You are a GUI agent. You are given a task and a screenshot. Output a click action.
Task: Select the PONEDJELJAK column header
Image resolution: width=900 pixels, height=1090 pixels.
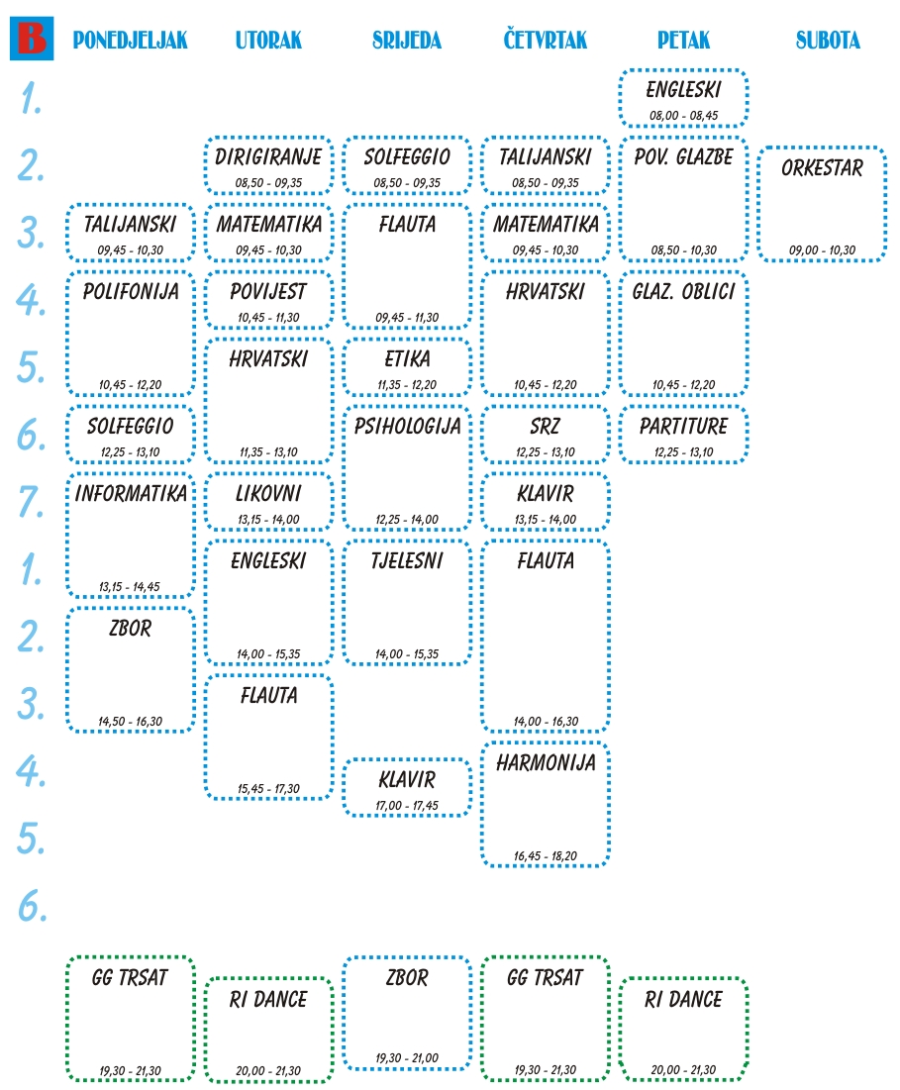(x=130, y=41)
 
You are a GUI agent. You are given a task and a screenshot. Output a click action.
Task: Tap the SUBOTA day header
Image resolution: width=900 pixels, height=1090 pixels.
(x=828, y=41)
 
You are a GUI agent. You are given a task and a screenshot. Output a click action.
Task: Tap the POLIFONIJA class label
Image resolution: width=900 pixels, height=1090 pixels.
(x=131, y=291)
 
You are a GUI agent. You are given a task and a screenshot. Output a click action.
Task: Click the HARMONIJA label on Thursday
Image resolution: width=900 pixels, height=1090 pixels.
(x=546, y=762)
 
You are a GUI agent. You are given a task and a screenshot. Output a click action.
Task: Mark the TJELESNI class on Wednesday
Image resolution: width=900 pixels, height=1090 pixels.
(x=407, y=560)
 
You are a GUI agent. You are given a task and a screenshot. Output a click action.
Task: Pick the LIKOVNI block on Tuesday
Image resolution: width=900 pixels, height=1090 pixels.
(x=268, y=493)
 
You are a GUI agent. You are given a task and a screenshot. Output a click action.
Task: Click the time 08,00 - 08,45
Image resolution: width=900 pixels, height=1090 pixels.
(x=683, y=115)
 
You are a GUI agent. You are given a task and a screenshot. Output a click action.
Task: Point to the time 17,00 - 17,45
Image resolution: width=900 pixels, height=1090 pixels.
(x=407, y=805)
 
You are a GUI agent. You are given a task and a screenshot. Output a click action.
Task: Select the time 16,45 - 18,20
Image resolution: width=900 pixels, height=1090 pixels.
(x=546, y=855)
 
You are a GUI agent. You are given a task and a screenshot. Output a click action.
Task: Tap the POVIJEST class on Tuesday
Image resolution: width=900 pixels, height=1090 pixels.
(x=268, y=291)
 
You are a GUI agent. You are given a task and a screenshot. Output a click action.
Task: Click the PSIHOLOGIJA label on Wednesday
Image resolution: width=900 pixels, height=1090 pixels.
(x=407, y=426)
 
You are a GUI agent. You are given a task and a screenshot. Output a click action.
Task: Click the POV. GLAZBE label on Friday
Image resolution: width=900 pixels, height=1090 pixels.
(x=683, y=156)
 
